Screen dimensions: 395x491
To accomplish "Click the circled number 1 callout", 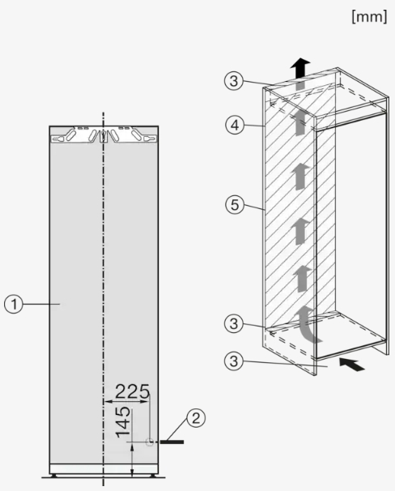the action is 14,304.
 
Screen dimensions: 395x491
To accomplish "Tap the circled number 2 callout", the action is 196,418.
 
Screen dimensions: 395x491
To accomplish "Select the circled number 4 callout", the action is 235,126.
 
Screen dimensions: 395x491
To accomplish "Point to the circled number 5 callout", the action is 235,205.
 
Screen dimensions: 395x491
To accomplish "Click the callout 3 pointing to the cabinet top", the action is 234,81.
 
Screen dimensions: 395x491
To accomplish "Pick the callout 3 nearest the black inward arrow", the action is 234,361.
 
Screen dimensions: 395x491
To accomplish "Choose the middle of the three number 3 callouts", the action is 234,323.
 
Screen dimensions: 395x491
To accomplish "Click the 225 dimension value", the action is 132,391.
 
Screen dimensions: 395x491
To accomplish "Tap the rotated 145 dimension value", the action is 123,422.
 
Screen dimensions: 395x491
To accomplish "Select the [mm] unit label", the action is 369,16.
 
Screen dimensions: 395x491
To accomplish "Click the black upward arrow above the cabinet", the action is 300,67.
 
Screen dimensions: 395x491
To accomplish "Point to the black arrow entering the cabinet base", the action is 352,364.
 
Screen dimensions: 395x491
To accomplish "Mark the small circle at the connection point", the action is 150,442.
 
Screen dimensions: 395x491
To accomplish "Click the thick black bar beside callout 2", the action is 172,442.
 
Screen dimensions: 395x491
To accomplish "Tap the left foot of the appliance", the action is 53,476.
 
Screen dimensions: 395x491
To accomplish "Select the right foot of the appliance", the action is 154,476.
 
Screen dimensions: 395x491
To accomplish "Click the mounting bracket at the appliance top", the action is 104,135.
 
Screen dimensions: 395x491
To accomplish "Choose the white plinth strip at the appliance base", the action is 104,469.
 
